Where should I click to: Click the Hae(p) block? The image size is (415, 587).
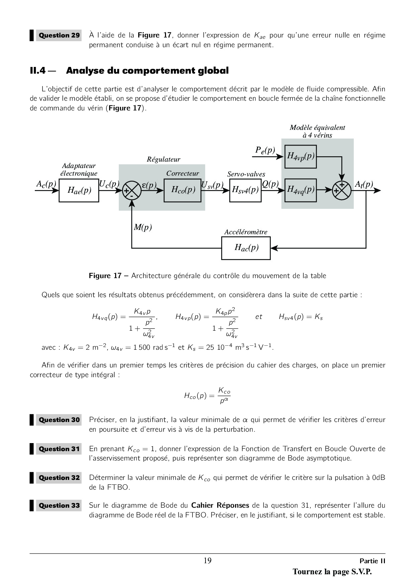coord(79,190)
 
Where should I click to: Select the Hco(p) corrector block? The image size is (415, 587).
coord(182,190)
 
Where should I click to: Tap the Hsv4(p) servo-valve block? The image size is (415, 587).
coord(245,190)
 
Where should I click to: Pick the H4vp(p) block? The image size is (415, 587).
coord(301,156)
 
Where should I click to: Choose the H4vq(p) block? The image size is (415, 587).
coord(301,190)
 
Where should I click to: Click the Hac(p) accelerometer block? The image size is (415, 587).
coord(246,248)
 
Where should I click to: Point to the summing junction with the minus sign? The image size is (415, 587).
coord(132,190)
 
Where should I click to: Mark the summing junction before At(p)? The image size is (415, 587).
coord(342,190)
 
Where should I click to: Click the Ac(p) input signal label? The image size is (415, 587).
coord(46,184)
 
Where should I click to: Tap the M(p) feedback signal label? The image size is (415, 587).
coord(143,228)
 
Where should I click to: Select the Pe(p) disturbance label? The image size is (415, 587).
coord(265,150)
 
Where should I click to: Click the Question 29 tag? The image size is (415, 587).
coord(59,35)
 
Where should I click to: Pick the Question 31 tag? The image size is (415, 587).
coord(59,449)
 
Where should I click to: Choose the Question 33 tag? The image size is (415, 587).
coord(59,505)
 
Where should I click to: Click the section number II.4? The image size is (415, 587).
coord(37,71)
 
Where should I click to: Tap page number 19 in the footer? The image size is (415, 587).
coord(207,561)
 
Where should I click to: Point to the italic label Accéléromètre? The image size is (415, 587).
coord(246,232)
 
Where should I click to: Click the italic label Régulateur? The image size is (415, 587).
coord(163,160)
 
